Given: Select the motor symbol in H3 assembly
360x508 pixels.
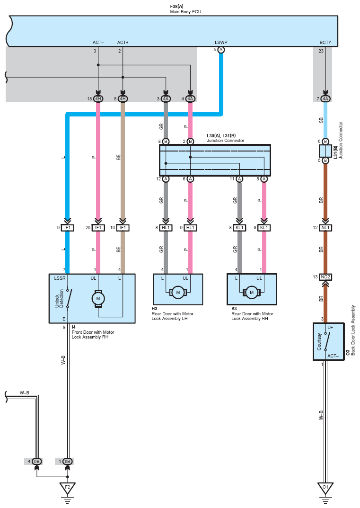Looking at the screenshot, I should point(178,293).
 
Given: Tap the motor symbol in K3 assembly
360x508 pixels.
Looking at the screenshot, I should point(252,293).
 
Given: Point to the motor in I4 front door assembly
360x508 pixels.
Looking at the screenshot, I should point(98,298).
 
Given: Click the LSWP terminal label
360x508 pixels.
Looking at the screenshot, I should point(221,43).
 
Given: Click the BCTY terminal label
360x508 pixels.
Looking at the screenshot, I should point(325,43).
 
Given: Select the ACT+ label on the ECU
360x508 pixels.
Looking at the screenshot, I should point(123,43).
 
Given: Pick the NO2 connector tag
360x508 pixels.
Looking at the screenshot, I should point(325,276).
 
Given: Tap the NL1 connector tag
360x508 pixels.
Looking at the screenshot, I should point(325,228).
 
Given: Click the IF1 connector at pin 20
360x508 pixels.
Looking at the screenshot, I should point(98,228).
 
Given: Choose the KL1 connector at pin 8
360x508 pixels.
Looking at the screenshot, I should point(239,228).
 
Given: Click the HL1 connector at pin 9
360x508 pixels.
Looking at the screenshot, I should point(190,228).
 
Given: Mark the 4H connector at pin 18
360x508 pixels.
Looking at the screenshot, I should point(98,99).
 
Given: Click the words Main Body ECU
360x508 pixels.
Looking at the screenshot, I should point(185,11).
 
